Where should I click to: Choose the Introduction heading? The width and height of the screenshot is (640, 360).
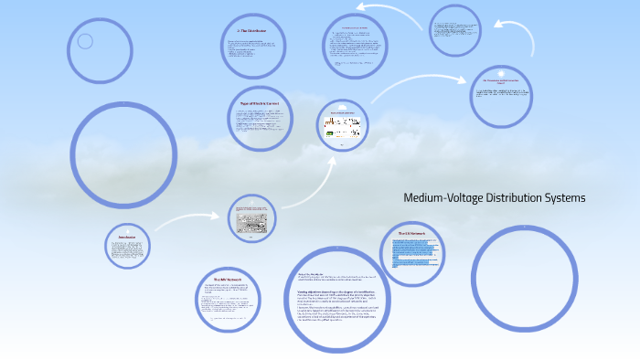click(127, 237)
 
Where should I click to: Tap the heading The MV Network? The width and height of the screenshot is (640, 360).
click(227, 279)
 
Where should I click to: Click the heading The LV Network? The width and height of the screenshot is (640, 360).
click(411, 234)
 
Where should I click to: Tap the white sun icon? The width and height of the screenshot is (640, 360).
click(500, 72)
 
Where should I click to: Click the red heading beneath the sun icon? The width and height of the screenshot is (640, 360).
click(500, 82)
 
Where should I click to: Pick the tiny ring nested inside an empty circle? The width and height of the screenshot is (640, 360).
click(85, 41)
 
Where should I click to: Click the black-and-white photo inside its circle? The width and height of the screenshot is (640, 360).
click(251, 218)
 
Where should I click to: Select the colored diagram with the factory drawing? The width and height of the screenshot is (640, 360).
click(341, 127)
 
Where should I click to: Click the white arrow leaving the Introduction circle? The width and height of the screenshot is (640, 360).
click(187, 222)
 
